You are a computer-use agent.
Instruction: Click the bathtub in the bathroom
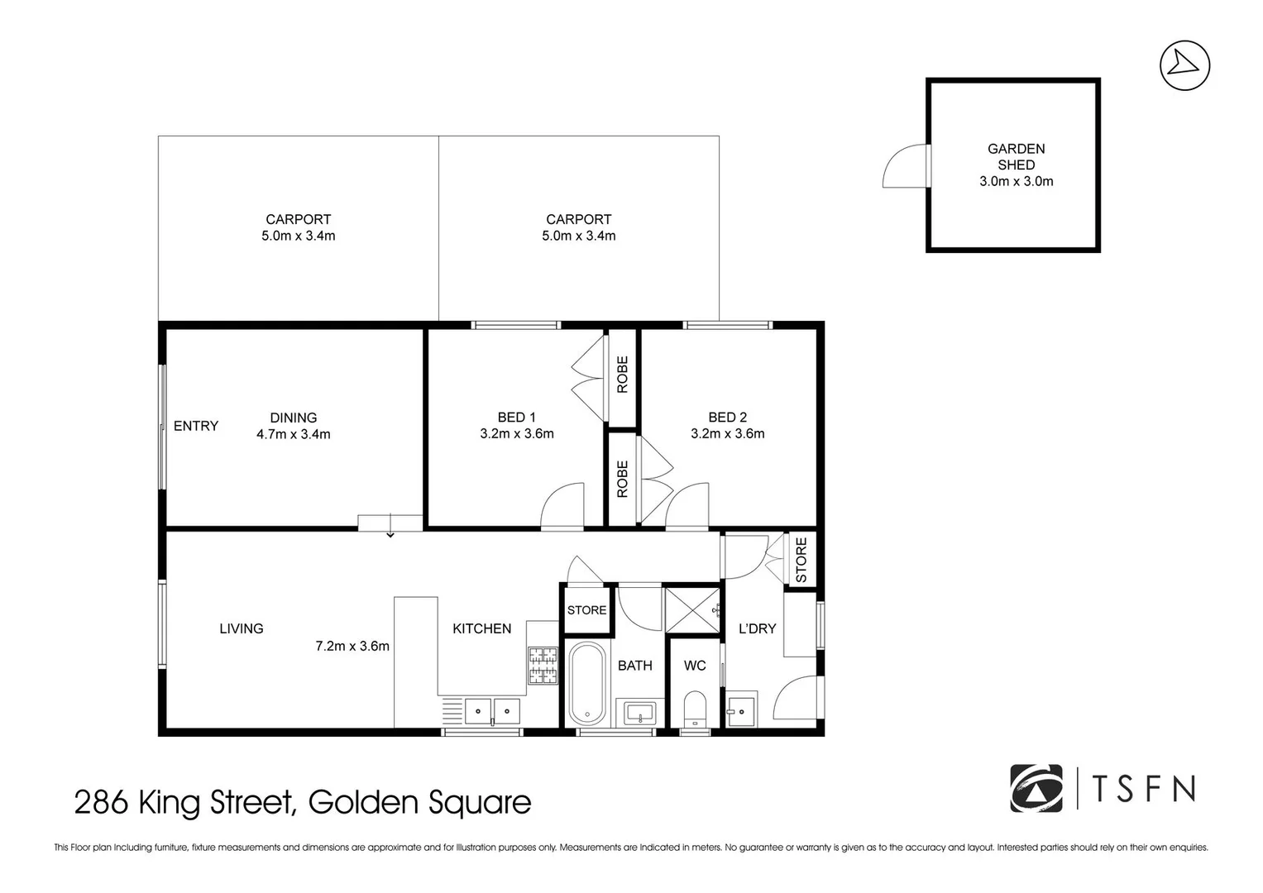[x=588, y=683]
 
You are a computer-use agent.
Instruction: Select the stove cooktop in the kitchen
[x=543, y=666]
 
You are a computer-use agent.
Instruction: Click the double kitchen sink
[x=492, y=710]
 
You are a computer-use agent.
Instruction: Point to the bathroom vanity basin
[x=639, y=712]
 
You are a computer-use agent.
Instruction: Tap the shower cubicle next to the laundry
[x=693, y=611]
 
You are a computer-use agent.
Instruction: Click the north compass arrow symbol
[x=1184, y=64]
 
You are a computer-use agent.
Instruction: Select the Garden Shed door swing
[x=906, y=166]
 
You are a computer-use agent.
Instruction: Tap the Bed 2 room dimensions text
[x=727, y=433]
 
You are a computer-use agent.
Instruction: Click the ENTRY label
[x=196, y=426]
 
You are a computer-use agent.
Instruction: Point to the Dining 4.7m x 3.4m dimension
[x=293, y=434]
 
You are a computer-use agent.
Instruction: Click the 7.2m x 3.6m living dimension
[x=352, y=646]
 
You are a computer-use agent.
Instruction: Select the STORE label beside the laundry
[x=801, y=560]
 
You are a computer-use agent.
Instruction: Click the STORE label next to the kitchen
[x=586, y=610]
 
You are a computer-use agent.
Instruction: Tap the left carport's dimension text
[x=298, y=236]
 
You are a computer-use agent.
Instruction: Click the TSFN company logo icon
[x=1036, y=788]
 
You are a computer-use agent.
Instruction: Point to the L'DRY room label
[x=757, y=628]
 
